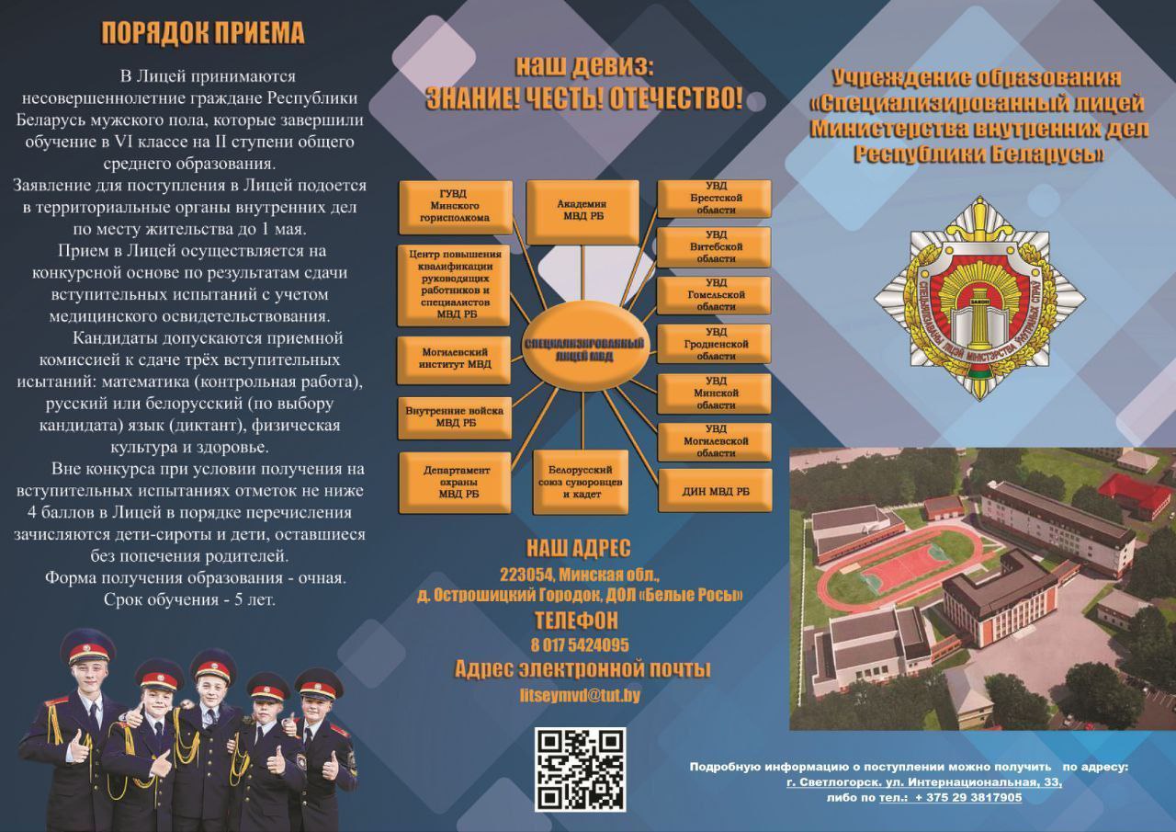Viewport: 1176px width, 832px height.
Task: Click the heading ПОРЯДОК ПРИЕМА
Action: [x=202, y=34]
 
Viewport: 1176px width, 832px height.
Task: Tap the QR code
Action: [x=580, y=769]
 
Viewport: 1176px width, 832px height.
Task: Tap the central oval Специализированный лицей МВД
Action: [x=585, y=351]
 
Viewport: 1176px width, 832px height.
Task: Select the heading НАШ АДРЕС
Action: [x=579, y=549]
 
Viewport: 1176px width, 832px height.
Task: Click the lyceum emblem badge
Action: [x=979, y=296]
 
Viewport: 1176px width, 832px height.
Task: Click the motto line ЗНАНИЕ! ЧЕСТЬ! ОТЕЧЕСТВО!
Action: [x=584, y=99]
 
